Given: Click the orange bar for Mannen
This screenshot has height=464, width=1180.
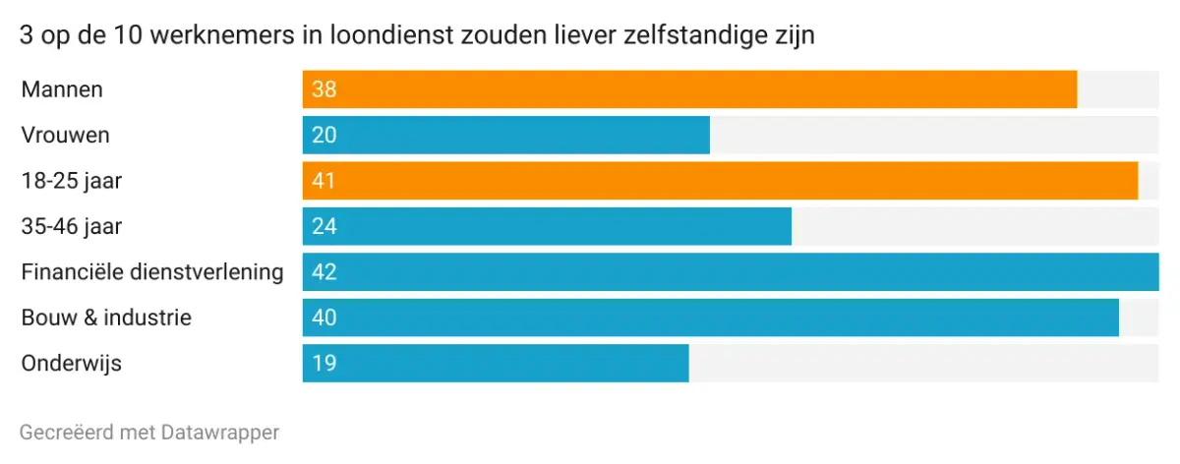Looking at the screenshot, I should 688,89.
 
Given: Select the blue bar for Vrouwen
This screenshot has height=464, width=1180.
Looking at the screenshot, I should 505,135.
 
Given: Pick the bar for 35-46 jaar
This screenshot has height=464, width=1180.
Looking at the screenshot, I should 547,226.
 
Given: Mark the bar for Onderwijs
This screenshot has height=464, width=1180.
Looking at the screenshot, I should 496,363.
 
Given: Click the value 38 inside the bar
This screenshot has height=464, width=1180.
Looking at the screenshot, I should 324,89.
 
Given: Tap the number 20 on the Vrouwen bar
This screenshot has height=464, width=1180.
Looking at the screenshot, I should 324,135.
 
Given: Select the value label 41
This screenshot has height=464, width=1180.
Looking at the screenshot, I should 324,181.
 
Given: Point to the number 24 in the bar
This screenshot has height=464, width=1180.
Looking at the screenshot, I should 324,226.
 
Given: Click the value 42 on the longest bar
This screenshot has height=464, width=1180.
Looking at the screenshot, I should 324,271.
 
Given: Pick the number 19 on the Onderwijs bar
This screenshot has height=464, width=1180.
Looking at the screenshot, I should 324,363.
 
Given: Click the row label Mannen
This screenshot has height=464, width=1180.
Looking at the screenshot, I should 62,89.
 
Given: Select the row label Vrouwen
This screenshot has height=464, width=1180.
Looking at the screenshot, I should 65,135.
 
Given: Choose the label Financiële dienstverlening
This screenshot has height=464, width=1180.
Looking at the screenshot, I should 152,271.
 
